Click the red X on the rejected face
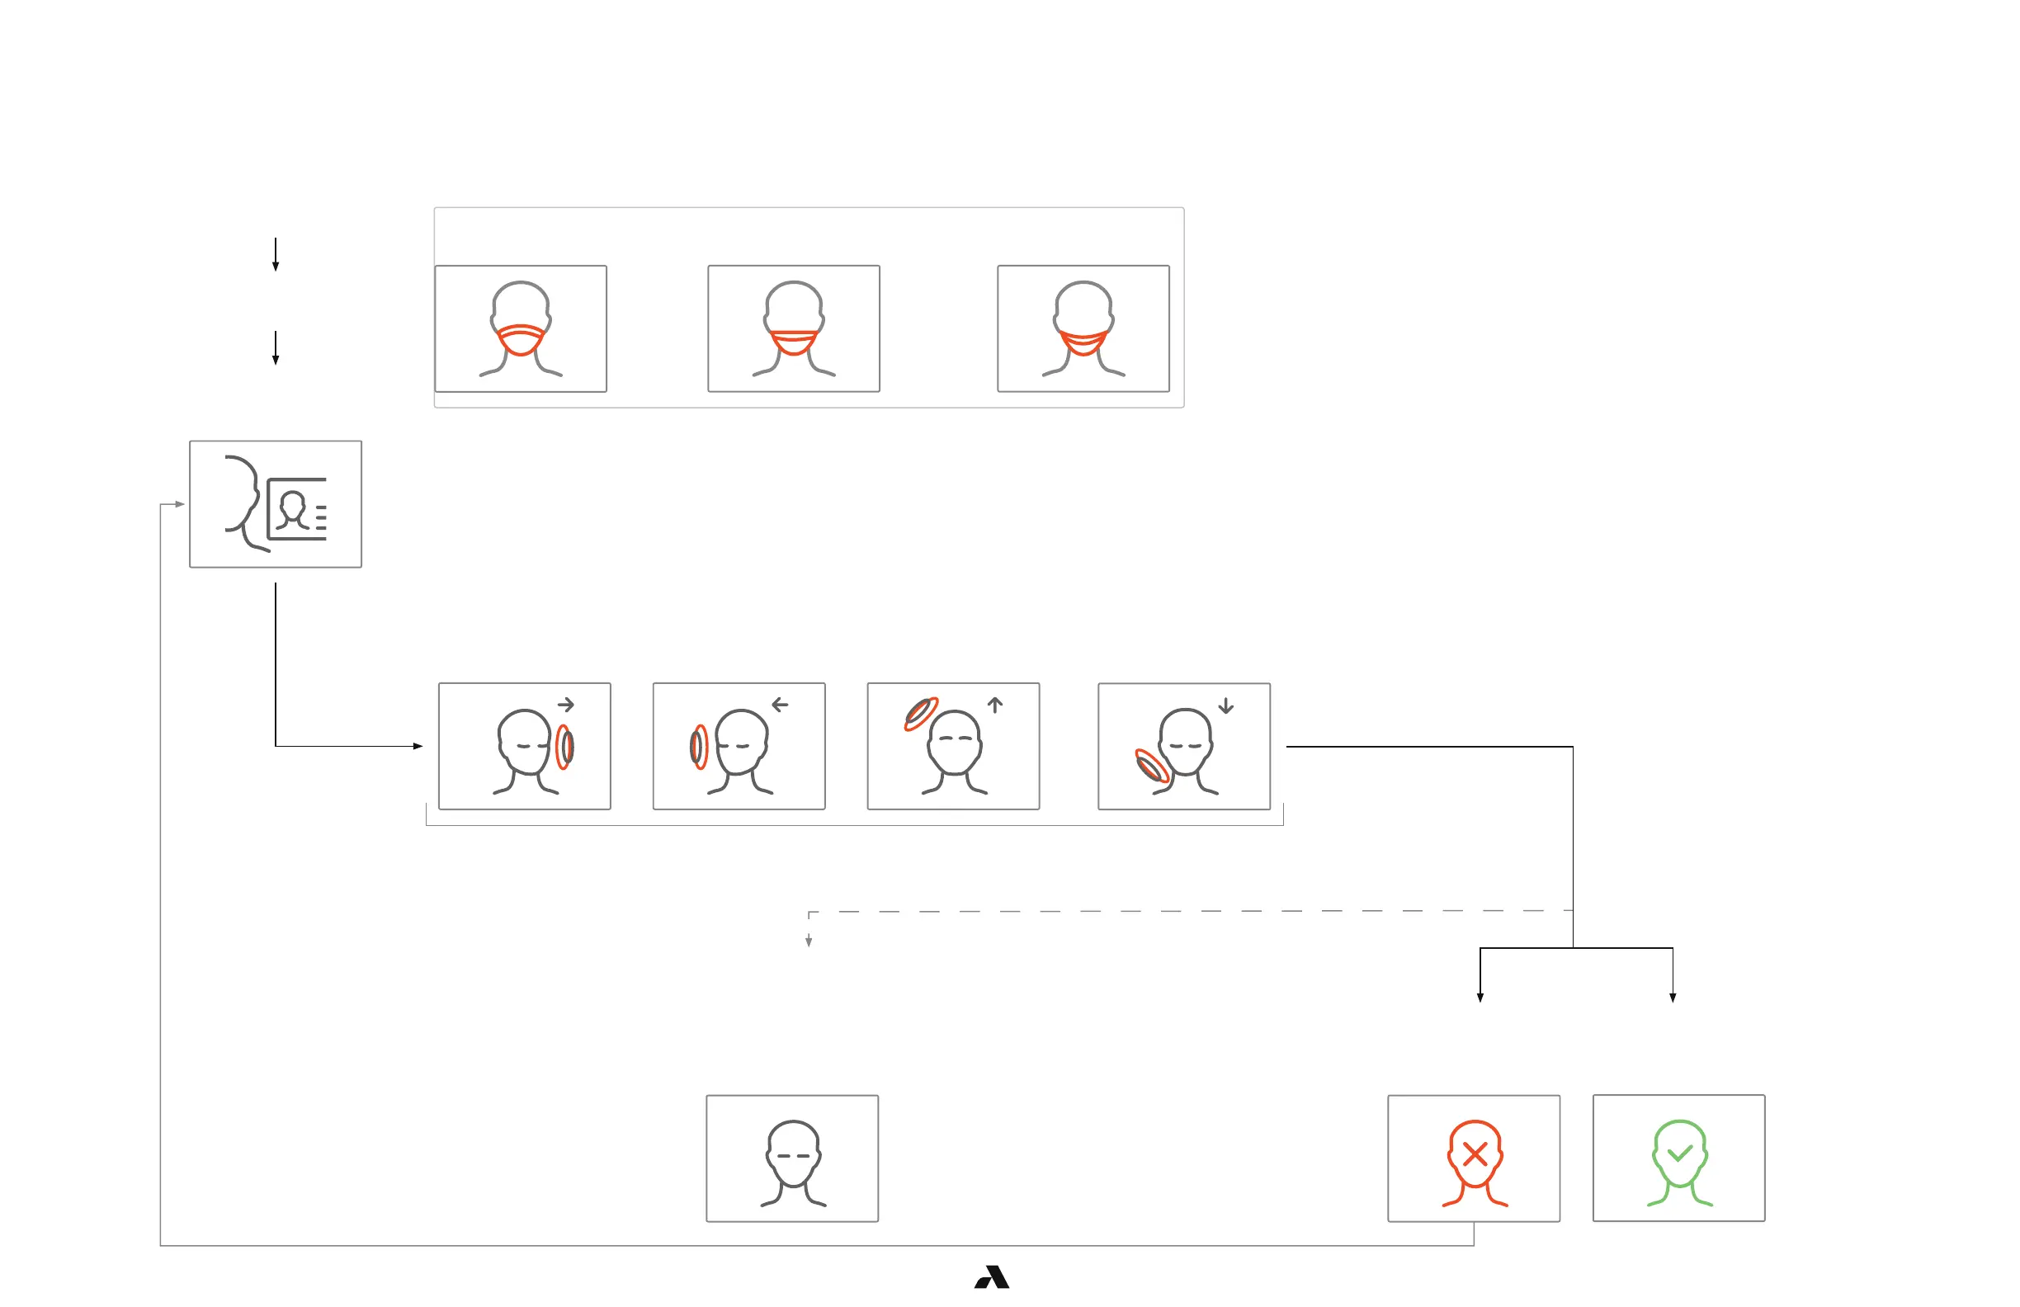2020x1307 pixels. point(1475,1154)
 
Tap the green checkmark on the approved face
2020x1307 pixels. point(1680,1154)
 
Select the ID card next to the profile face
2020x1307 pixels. point(296,508)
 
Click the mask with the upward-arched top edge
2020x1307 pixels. point(521,339)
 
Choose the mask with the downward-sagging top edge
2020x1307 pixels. point(1083,342)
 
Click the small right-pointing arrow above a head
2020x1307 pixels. point(566,705)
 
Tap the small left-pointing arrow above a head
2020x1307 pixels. point(780,705)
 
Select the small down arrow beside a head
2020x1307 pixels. point(1225,706)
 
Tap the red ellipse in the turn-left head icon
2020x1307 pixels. point(699,747)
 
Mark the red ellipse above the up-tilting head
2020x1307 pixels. point(921,714)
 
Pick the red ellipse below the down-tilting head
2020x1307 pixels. point(1152,767)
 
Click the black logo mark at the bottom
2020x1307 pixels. point(991,1277)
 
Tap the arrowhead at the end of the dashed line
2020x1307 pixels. point(809,941)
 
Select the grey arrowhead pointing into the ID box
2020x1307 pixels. point(180,504)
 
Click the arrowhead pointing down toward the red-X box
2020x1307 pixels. point(1480,998)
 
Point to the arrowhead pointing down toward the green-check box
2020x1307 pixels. point(1673,998)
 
